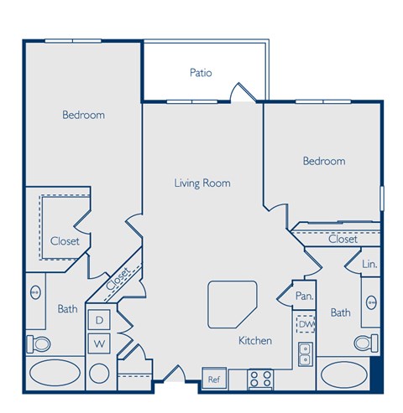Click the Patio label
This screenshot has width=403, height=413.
click(x=200, y=73)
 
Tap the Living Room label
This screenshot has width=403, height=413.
click(x=202, y=183)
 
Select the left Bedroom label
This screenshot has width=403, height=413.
click(x=83, y=115)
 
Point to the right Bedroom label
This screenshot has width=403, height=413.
click(x=323, y=161)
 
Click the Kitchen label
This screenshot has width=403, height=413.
click(x=254, y=341)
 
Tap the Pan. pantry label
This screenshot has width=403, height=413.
click(x=304, y=296)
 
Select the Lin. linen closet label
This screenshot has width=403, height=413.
click(x=369, y=265)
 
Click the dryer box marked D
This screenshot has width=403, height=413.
click(x=98, y=320)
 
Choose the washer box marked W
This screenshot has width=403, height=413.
click(x=98, y=343)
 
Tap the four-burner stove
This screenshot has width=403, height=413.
click(x=259, y=378)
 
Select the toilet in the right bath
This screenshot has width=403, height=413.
click(x=364, y=342)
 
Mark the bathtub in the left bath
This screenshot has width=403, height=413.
click(x=55, y=374)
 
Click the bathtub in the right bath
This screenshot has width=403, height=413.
click(x=344, y=374)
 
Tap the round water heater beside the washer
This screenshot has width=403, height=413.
click(x=100, y=374)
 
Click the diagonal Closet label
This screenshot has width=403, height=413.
click(x=118, y=277)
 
